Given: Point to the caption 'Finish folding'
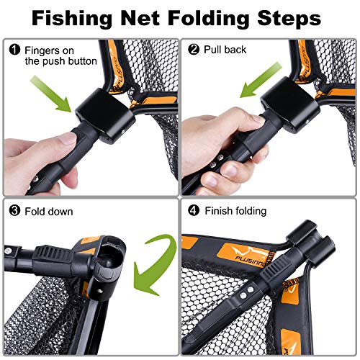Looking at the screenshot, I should (x=236, y=211).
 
